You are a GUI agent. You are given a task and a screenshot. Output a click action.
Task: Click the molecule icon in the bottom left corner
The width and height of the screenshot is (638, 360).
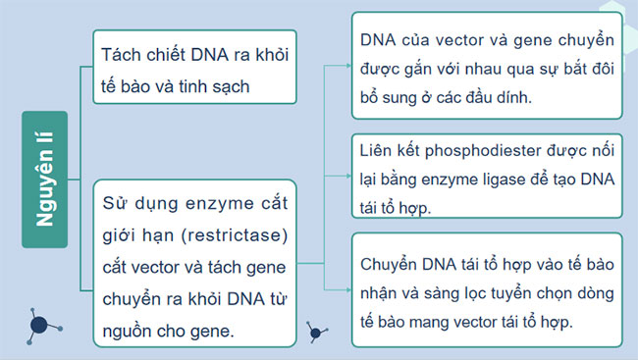pos(39,326)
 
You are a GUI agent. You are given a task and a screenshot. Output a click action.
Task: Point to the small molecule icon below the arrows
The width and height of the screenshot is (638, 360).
pos(316,331)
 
